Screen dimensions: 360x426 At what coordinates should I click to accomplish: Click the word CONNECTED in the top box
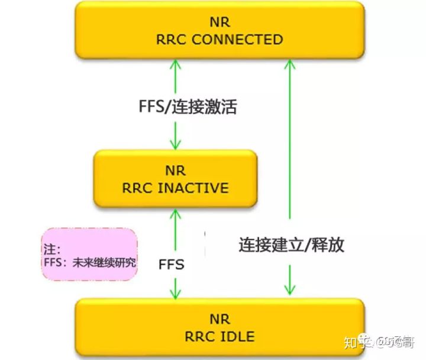(237, 40)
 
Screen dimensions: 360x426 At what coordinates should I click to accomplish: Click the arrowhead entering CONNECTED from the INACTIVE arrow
(175, 65)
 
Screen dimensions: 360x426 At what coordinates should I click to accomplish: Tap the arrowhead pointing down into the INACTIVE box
(175, 143)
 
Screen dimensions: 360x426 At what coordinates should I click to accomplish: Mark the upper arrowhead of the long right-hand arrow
(289, 65)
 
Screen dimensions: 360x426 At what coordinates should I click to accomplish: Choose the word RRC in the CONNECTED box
(172, 40)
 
